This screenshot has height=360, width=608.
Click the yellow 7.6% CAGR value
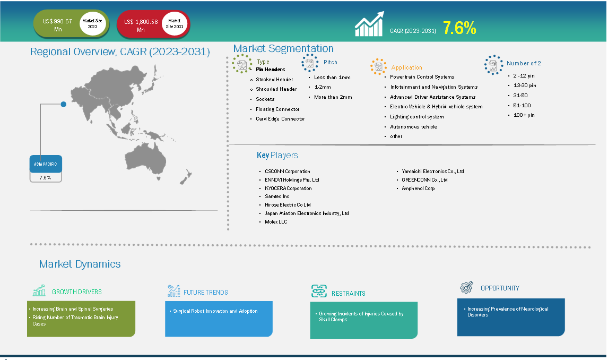pyautogui.click(x=459, y=28)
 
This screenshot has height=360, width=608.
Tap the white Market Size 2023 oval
pyautogui.click(x=92, y=24)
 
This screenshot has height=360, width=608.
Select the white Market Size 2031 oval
pyautogui.click(x=175, y=24)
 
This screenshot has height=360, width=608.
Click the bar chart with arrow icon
pyautogui.click(x=370, y=24)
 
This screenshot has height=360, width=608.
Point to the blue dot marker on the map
pyautogui.click(x=64, y=104)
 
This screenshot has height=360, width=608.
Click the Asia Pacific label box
pyautogui.click(x=46, y=164)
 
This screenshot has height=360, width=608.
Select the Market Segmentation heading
pyautogui.click(x=283, y=48)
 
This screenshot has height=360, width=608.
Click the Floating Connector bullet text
pyautogui.click(x=277, y=109)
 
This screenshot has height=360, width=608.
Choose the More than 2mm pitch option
pyautogui.click(x=333, y=97)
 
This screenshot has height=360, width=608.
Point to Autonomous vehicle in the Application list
pyautogui.click(x=413, y=126)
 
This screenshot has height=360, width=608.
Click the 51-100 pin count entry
pyautogui.click(x=522, y=105)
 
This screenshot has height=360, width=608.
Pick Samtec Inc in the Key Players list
pyautogui.click(x=277, y=196)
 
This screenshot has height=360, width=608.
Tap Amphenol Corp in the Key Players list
pyautogui.click(x=418, y=188)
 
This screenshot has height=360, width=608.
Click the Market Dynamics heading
pyautogui.click(x=80, y=264)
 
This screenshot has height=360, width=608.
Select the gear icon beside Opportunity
pyautogui.click(x=467, y=287)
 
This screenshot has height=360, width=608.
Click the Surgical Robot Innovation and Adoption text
pyautogui.click(x=215, y=311)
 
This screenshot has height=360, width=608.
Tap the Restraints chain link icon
pyautogui.click(x=319, y=291)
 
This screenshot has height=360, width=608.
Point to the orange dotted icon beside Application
pyautogui.click(x=378, y=67)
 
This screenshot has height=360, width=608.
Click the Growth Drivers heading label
pyautogui.click(x=77, y=292)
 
